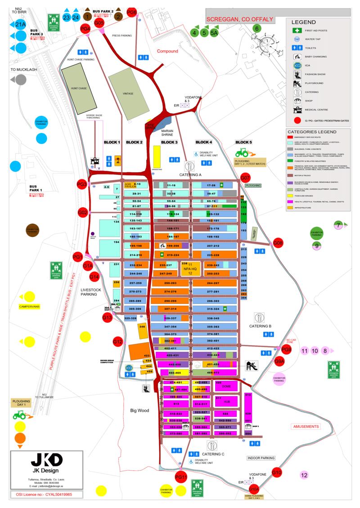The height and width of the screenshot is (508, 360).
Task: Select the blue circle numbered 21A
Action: pyautogui.click(x=21, y=24)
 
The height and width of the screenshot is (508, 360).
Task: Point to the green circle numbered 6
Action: pyautogui.click(x=257, y=29)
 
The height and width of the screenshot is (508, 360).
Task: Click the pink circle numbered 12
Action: pyautogui.click(x=304, y=475)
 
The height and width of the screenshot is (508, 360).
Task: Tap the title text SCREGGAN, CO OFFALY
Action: pyautogui.click(x=239, y=19)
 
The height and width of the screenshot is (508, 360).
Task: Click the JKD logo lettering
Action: pyautogui.click(x=46, y=460)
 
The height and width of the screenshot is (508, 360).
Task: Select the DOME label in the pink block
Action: pyautogui.click(x=226, y=386)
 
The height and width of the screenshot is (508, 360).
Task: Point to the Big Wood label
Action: pyautogui.click(x=139, y=410)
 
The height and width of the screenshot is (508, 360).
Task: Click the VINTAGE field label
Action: pyautogui.click(x=128, y=93)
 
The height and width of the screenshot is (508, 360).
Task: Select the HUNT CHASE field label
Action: pyautogui.click(x=79, y=89)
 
